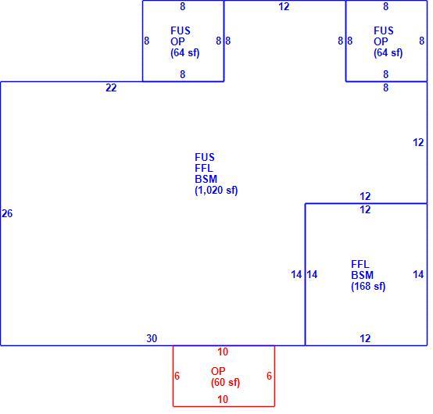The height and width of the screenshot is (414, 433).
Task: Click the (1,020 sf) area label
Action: (216, 190)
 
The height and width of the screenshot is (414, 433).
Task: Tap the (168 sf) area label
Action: (368, 286)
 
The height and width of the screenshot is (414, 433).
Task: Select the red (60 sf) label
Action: (225, 382)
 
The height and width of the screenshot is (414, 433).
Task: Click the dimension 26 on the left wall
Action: (7, 213)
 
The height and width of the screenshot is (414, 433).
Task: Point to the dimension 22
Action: (111, 87)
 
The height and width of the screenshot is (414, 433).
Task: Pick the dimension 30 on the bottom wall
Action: (152, 338)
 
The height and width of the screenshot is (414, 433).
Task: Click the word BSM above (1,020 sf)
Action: (206, 179)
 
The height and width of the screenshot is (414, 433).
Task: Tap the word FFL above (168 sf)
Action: (360, 264)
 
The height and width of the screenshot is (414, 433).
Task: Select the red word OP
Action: (218, 371)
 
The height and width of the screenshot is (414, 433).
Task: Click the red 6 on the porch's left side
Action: (177, 376)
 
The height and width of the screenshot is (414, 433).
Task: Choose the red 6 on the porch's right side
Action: (269, 376)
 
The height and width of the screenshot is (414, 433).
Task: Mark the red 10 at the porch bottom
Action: (223, 399)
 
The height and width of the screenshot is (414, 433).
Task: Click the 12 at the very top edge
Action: (284, 6)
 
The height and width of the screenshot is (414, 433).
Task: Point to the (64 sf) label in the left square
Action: (184, 52)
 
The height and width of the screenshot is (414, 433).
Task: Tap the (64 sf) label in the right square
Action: (388, 52)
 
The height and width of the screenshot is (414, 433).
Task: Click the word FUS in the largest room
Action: (205, 157)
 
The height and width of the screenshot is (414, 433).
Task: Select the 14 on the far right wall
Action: (418, 274)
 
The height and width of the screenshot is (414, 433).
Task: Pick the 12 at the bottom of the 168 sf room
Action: (365, 338)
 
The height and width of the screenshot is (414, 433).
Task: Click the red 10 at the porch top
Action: (223, 352)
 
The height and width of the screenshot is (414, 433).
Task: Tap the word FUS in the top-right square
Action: (384, 30)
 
